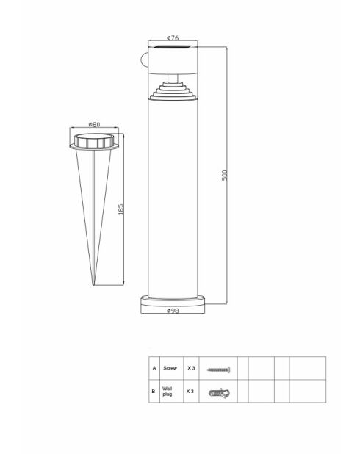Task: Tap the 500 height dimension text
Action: pyautogui.click(x=226, y=175)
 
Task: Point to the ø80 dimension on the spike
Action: pyautogui.click(x=94, y=124)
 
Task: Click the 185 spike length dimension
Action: pyautogui.click(x=120, y=209)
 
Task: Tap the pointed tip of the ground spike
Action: pyautogui.click(x=93, y=283)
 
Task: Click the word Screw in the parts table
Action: pyautogui.click(x=170, y=368)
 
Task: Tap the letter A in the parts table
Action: pyautogui.click(x=154, y=368)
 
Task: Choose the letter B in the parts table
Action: pyautogui.click(x=154, y=391)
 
